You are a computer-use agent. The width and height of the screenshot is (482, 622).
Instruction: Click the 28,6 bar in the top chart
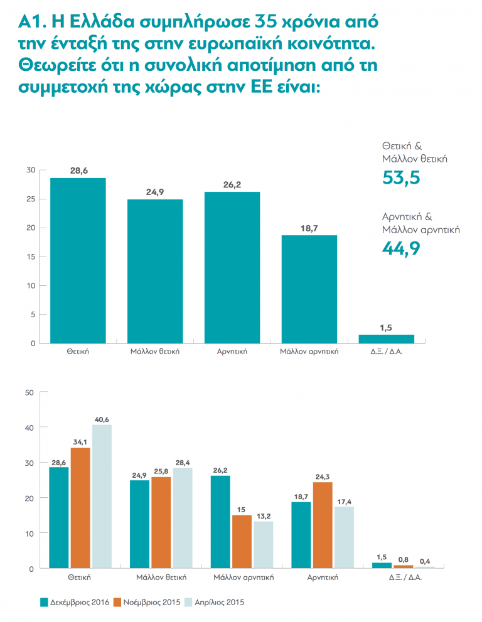pyautogui.click(x=78, y=260)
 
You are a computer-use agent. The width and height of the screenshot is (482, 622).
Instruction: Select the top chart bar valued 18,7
pyautogui.click(x=309, y=289)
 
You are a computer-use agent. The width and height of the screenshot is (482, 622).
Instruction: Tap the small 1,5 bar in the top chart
pyautogui.click(x=386, y=339)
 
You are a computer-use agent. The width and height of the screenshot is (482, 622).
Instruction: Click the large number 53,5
pyautogui.click(x=401, y=178)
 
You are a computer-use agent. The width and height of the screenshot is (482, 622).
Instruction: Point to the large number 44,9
pyautogui.click(x=401, y=250)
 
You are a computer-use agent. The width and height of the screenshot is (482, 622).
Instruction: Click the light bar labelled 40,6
pyautogui.click(x=102, y=496)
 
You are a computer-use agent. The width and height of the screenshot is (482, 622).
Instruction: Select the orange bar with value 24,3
pyautogui.click(x=322, y=525)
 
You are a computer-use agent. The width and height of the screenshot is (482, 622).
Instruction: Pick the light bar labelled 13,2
pyautogui.click(x=264, y=544)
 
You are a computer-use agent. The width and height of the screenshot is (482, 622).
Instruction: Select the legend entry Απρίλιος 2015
pyautogui.click(x=219, y=603)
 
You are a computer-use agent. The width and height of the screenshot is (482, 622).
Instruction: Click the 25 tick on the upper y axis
pyautogui.click(x=31, y=199)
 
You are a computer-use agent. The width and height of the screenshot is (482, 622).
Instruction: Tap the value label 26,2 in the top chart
pyautogui.click(x=232, y=186)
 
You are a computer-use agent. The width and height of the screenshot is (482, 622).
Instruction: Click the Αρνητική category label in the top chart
pyautogui.click(x=232, y=352)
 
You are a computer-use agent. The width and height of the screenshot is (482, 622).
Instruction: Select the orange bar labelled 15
pyautogui.click(x=243, y=541)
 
